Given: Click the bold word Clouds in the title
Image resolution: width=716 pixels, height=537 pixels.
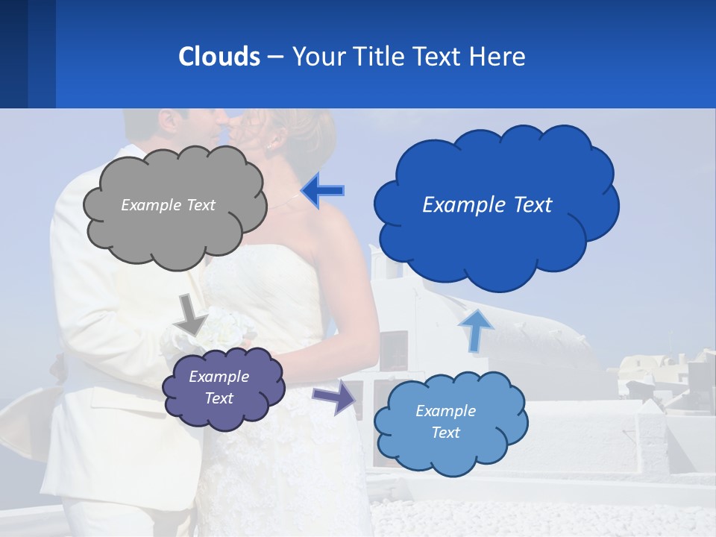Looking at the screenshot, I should (x=219, y=56).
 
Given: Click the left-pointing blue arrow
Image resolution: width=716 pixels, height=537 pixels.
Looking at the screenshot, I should (x=322, y=190).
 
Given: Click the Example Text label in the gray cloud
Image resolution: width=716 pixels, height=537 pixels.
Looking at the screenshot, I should (x=168, y=205).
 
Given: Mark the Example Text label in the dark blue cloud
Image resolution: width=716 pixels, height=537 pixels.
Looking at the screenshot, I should (x=487, y=205).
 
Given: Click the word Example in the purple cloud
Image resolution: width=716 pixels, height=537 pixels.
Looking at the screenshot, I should (x=219, y=377).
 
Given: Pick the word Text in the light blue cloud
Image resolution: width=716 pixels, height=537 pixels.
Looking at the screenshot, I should (x=445, y=433).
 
